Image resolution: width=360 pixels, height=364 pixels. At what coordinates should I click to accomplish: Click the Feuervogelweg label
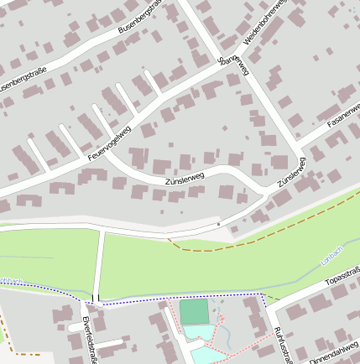[109, 143]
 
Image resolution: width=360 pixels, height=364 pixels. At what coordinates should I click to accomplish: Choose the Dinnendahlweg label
[334, 348]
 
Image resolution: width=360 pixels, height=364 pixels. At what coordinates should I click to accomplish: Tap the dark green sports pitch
[194, 312]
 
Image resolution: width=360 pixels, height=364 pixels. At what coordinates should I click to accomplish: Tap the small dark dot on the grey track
[218, 224]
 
